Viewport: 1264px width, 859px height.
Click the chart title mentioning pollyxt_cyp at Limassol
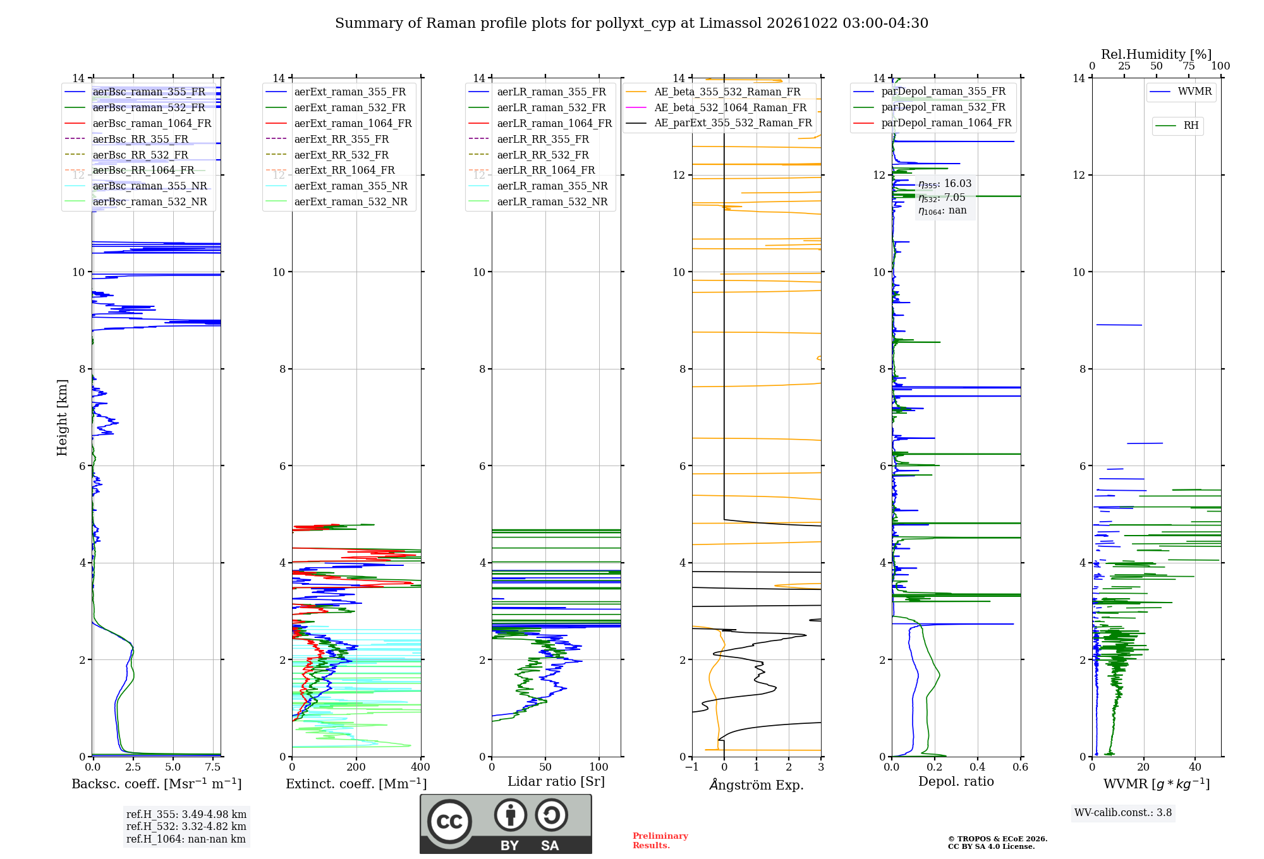click(x=631, y=23)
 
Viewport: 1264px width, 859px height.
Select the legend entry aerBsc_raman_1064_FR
click(x=152, y=123)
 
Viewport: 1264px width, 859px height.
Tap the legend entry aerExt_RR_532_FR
click(x=341, y=155)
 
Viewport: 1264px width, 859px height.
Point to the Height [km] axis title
click(x=62, y=417)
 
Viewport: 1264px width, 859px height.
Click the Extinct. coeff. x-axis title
click(x=356, y=784)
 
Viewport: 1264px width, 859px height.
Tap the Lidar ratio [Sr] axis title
click(x=556, y=782)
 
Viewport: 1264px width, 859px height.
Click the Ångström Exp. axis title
click(x=757, y=784)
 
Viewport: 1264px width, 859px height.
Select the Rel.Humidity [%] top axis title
click(x=1157, y=54)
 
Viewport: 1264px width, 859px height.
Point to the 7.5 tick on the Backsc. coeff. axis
click(x=213, y=767)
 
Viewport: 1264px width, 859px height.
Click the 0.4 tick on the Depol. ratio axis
click(x=977, y=767)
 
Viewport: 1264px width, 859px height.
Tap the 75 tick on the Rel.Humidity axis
click(x=1189, y=66)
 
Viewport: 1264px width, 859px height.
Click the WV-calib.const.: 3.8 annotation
click(x=1123, y=813)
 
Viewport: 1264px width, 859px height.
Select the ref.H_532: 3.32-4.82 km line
click(x=186, y=826)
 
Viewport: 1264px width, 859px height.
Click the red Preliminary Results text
click(x=660, y=841)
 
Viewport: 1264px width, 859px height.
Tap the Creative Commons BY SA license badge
click(x=506, y=824)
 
